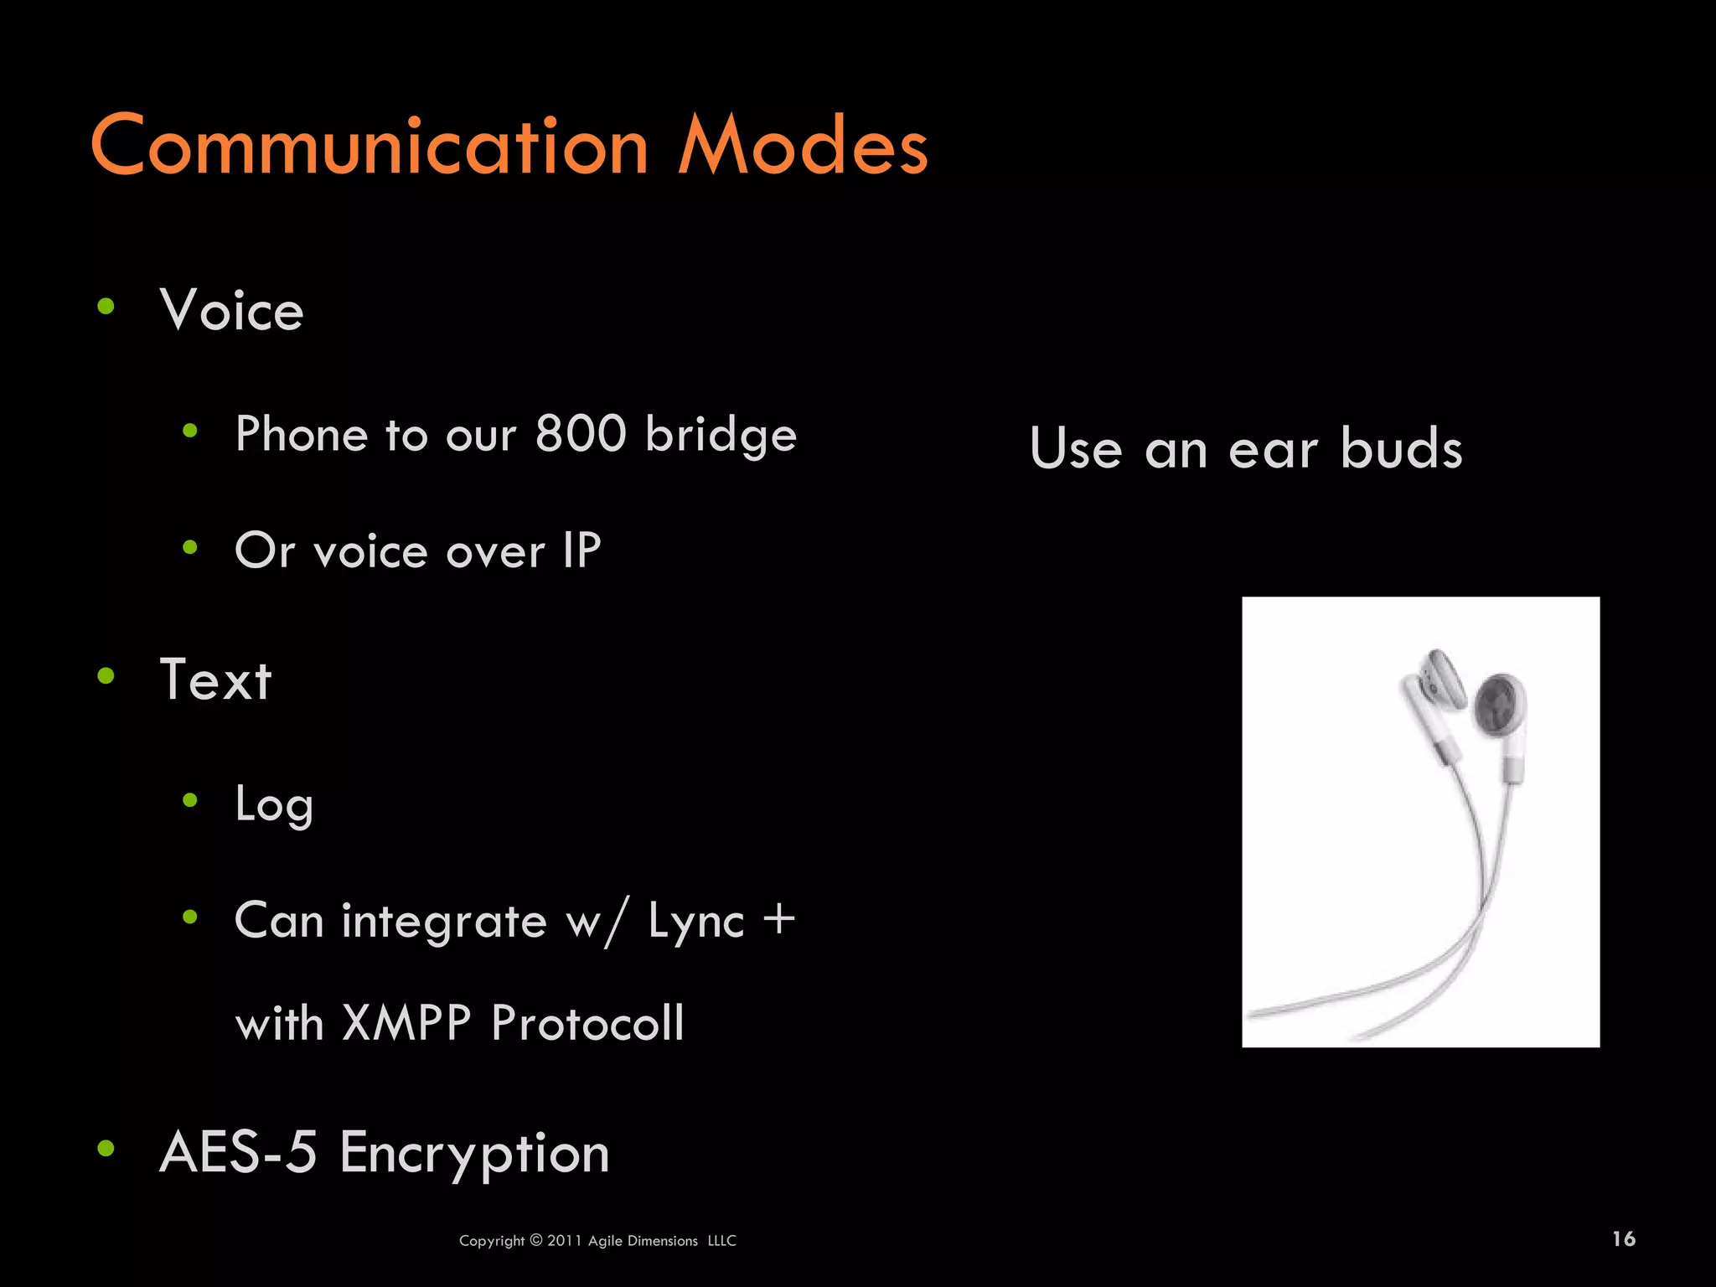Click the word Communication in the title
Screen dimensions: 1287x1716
click(370, 147)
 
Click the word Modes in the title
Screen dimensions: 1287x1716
click(803, 147)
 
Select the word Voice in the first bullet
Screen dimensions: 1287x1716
click(231, 311)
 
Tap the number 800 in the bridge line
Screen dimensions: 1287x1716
click(580, 434)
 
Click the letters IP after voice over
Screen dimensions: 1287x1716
click(581, 550)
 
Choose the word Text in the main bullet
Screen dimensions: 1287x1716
click(215, 680)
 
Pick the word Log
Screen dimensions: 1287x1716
click(274, 805)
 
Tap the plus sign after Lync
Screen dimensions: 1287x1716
click(778, 918)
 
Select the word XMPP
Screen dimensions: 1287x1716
click(407, 1023)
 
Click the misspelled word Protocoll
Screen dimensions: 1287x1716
click(587, 1023)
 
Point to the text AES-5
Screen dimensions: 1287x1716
click(238, 1152)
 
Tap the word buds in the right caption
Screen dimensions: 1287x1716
click(1401, 448)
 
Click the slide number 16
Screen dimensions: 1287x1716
click(1623, 1239)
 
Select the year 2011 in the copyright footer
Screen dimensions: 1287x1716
click(564, 1241)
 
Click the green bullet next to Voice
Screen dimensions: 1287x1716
click(106, 307)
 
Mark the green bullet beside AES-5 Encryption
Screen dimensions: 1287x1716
click(106, 1148)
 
